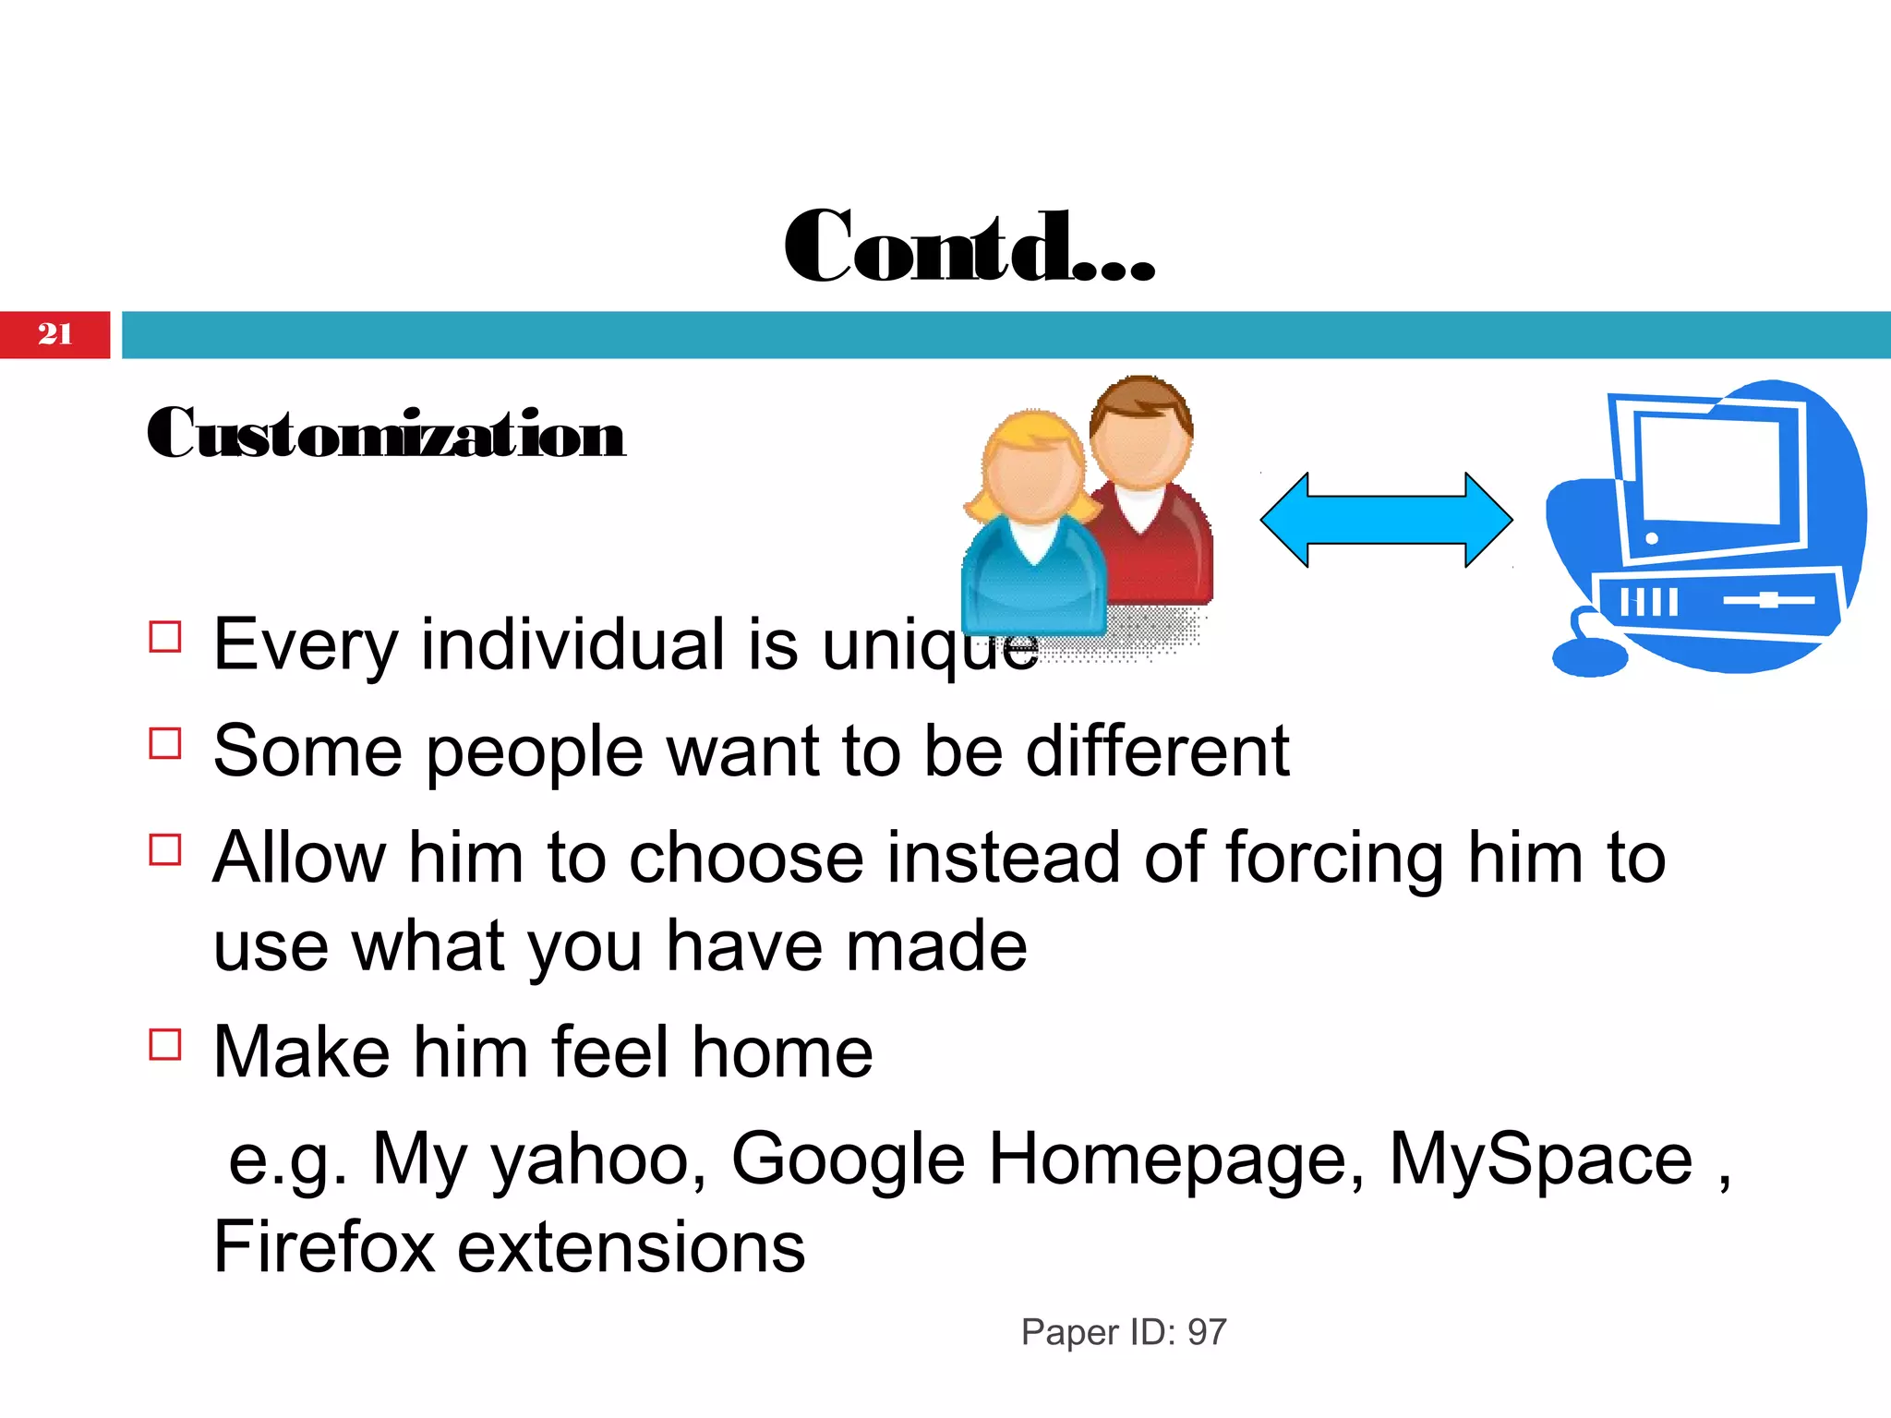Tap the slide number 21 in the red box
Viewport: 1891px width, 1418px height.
(x=54, y=334)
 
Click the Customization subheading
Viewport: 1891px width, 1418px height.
(x=386, y=434)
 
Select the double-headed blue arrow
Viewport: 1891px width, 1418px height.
(x=1386, y=520)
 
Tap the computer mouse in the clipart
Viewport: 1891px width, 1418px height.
(x=1589, y=656)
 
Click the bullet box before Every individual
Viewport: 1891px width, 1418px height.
(x=165, y=637)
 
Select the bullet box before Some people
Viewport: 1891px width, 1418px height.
(x=165, y=743)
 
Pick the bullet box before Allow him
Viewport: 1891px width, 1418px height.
(x=165, y=849)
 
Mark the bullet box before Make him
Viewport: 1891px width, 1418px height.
(x=165, y=1044)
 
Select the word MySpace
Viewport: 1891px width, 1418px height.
(x=1540, y=1160)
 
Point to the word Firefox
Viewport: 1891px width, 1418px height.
(x=323, y=1247)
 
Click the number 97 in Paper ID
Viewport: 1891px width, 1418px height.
(x=1207, y=1332)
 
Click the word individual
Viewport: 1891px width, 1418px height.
(x=572, y=644)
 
